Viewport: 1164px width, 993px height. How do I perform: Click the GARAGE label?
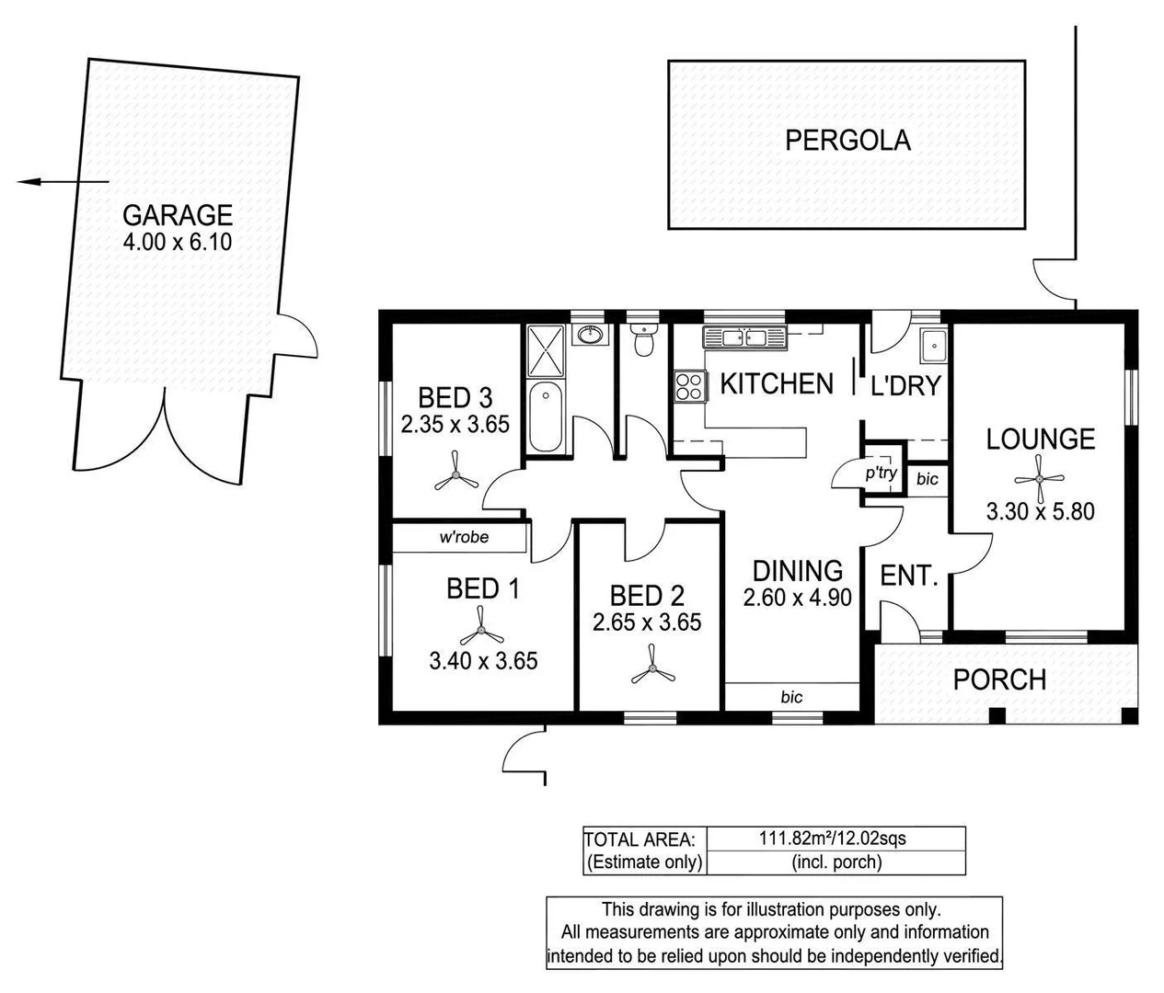coord(178,215)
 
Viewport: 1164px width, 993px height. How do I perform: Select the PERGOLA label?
coord(847,140)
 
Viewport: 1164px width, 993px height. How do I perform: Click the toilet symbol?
coord(643,342)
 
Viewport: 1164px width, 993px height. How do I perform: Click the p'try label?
coord(881,474)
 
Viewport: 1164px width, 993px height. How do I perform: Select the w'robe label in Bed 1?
coord(463,537)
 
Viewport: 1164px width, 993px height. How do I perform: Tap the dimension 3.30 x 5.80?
coord(1040,511)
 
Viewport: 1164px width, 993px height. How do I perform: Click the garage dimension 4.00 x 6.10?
coord(178,243)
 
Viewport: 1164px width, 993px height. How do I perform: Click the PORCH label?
coord(999,679)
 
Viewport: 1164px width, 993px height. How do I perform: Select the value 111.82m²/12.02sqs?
coord(832,838)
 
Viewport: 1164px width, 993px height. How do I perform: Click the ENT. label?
coord(908,576)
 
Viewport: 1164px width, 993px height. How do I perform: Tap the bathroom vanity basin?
coord(590,335)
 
